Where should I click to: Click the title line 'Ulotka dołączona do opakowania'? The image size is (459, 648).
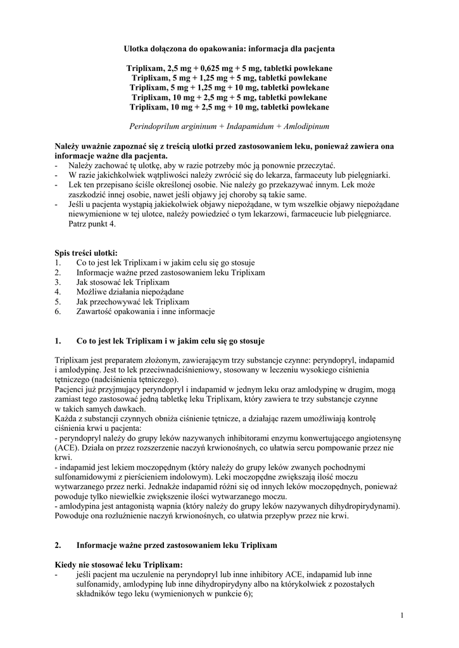(229, 48)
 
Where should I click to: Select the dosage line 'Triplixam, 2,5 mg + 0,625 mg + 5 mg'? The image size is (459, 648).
(229, 68)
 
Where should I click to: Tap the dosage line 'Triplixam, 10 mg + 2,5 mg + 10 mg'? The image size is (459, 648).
(229, 107)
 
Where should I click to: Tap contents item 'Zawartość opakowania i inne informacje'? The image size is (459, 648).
(146, 311)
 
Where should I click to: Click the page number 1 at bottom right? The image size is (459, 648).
(402, 614)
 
